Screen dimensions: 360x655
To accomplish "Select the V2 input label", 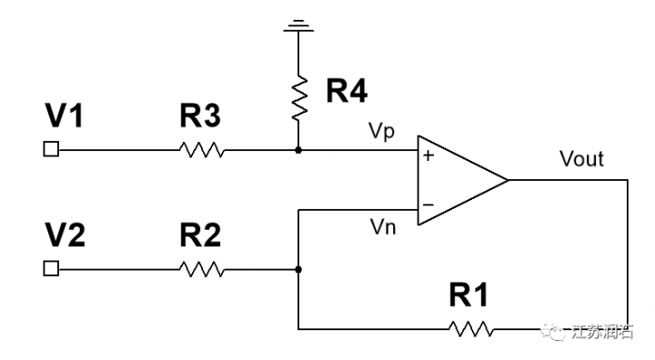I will click(66, 235).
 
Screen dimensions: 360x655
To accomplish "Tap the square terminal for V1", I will click(52, 149).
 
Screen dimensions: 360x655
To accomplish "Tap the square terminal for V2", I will click(52, 268).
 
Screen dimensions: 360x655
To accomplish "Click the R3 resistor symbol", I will click(203, 149).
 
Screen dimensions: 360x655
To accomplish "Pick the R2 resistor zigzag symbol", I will click(203, 268).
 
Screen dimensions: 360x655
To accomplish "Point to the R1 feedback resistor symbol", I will click(471, 328).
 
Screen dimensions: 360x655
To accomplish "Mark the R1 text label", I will click(470, 295).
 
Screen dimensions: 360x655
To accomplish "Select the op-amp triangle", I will click(455, 180).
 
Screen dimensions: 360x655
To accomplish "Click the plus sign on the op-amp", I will click(428, 155).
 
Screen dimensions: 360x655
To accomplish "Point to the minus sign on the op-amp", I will click(428, 204).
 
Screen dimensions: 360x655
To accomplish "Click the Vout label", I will click(581, 159).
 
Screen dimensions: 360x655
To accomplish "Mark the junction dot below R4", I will click(298, 149).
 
